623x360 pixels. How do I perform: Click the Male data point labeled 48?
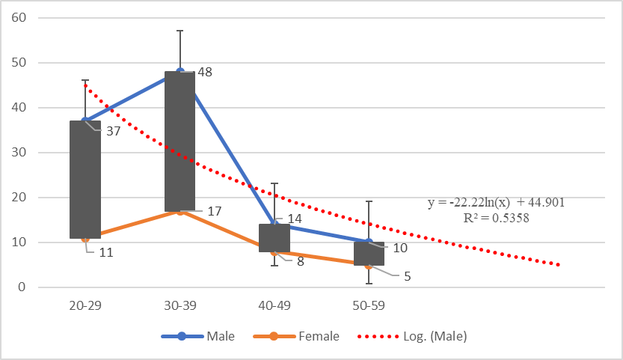180,72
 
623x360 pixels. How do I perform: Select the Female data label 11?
105,252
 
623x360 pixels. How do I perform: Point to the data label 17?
214,212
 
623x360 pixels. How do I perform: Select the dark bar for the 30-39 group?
179,142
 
